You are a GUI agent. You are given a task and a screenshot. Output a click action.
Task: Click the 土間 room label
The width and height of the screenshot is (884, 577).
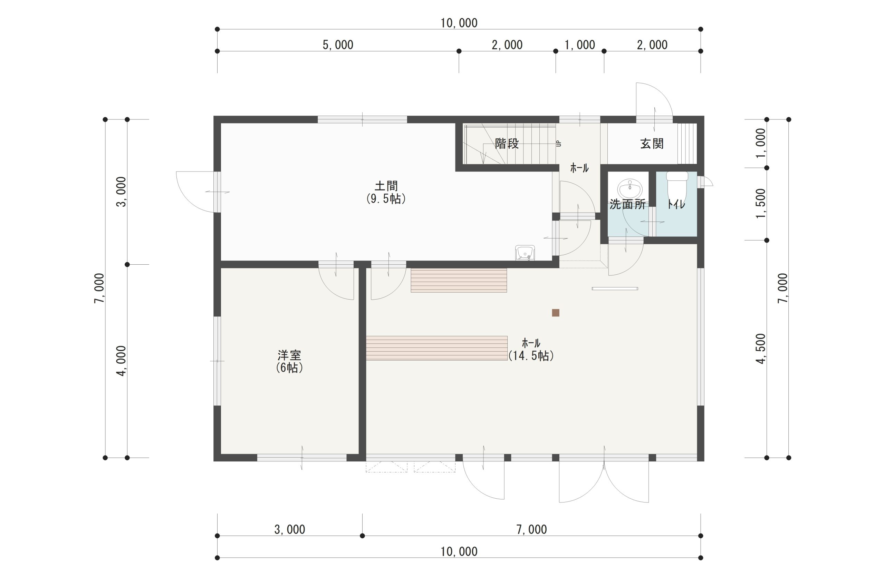(386, 185)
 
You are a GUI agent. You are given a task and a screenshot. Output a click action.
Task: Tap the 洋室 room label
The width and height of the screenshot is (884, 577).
(289, 355)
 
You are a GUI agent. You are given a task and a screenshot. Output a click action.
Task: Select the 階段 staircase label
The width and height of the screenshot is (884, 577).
(507, 144)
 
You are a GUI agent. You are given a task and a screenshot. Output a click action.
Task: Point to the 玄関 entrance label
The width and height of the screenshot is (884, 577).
(652, 144)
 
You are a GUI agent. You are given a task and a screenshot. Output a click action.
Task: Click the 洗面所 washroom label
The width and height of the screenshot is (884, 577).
(627, 205)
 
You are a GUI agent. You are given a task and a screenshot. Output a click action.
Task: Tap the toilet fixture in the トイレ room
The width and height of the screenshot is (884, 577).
(678, 186)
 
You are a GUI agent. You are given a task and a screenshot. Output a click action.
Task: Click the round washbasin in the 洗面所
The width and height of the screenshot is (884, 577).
(630, 190)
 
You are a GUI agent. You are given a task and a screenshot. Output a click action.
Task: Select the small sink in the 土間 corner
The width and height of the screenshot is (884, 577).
(525, 252)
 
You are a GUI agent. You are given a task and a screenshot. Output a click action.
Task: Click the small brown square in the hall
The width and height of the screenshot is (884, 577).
(556, 313)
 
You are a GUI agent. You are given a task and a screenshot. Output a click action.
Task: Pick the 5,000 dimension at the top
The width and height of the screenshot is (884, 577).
(338, 45)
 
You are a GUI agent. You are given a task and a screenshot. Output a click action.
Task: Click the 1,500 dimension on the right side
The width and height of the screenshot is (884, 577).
(761, 204)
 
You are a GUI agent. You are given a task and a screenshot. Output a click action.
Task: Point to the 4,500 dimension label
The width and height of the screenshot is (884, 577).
(761, 349)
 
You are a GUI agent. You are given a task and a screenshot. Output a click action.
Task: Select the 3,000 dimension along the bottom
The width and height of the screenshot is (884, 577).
(290, 529)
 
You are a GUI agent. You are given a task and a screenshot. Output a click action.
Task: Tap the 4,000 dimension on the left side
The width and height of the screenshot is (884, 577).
(122, 361)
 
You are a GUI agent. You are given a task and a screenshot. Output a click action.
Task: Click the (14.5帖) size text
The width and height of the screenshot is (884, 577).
(531, 356)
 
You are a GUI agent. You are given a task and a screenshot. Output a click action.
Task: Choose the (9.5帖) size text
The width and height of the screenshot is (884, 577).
(386, 199)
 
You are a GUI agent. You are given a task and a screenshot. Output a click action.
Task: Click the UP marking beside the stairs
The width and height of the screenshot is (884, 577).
(558, 144)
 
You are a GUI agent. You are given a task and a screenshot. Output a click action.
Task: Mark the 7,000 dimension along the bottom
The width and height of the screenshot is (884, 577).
(531, 529)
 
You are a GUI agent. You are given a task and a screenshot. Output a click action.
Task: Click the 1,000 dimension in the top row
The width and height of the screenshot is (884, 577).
(580, 45)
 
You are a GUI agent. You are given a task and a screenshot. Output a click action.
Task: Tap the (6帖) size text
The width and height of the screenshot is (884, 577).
(289, 368)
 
